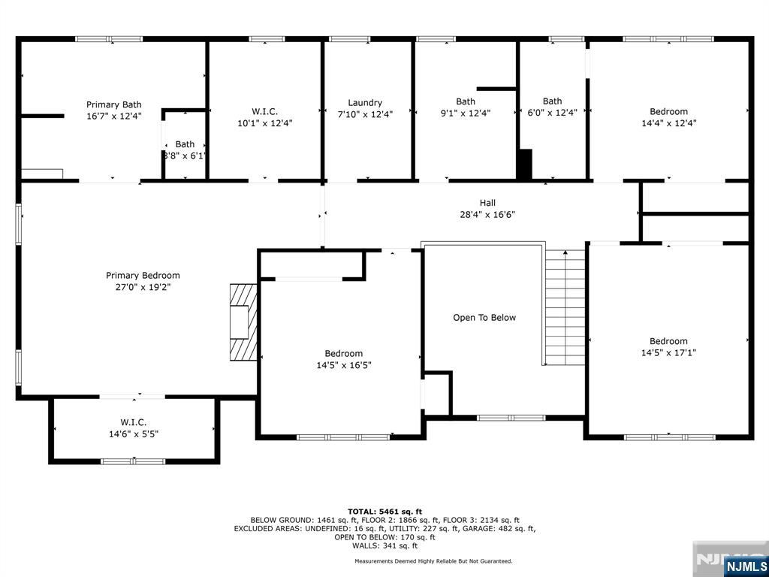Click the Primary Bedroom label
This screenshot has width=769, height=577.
tap(143, 276)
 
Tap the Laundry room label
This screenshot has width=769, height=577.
tap(365, 103)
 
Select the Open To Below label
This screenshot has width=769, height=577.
tap(484, 318)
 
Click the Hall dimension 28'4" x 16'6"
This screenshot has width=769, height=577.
tap(487, 214)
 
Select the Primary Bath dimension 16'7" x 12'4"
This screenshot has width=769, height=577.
tap(113, 116)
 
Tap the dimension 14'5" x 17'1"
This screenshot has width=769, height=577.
tap(668, 352)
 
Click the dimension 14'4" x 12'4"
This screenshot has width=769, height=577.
tap(668, 122)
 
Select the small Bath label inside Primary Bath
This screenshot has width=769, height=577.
tap(185, 144)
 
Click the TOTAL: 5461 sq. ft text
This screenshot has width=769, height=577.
tap(384, 511)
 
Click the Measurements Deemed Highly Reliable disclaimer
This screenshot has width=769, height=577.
tap(433, 561)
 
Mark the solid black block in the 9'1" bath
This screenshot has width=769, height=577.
tap(524, 164)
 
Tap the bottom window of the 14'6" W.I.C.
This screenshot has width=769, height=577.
tap(133, 461)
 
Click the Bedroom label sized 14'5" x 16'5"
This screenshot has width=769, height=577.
tap(344, 354)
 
